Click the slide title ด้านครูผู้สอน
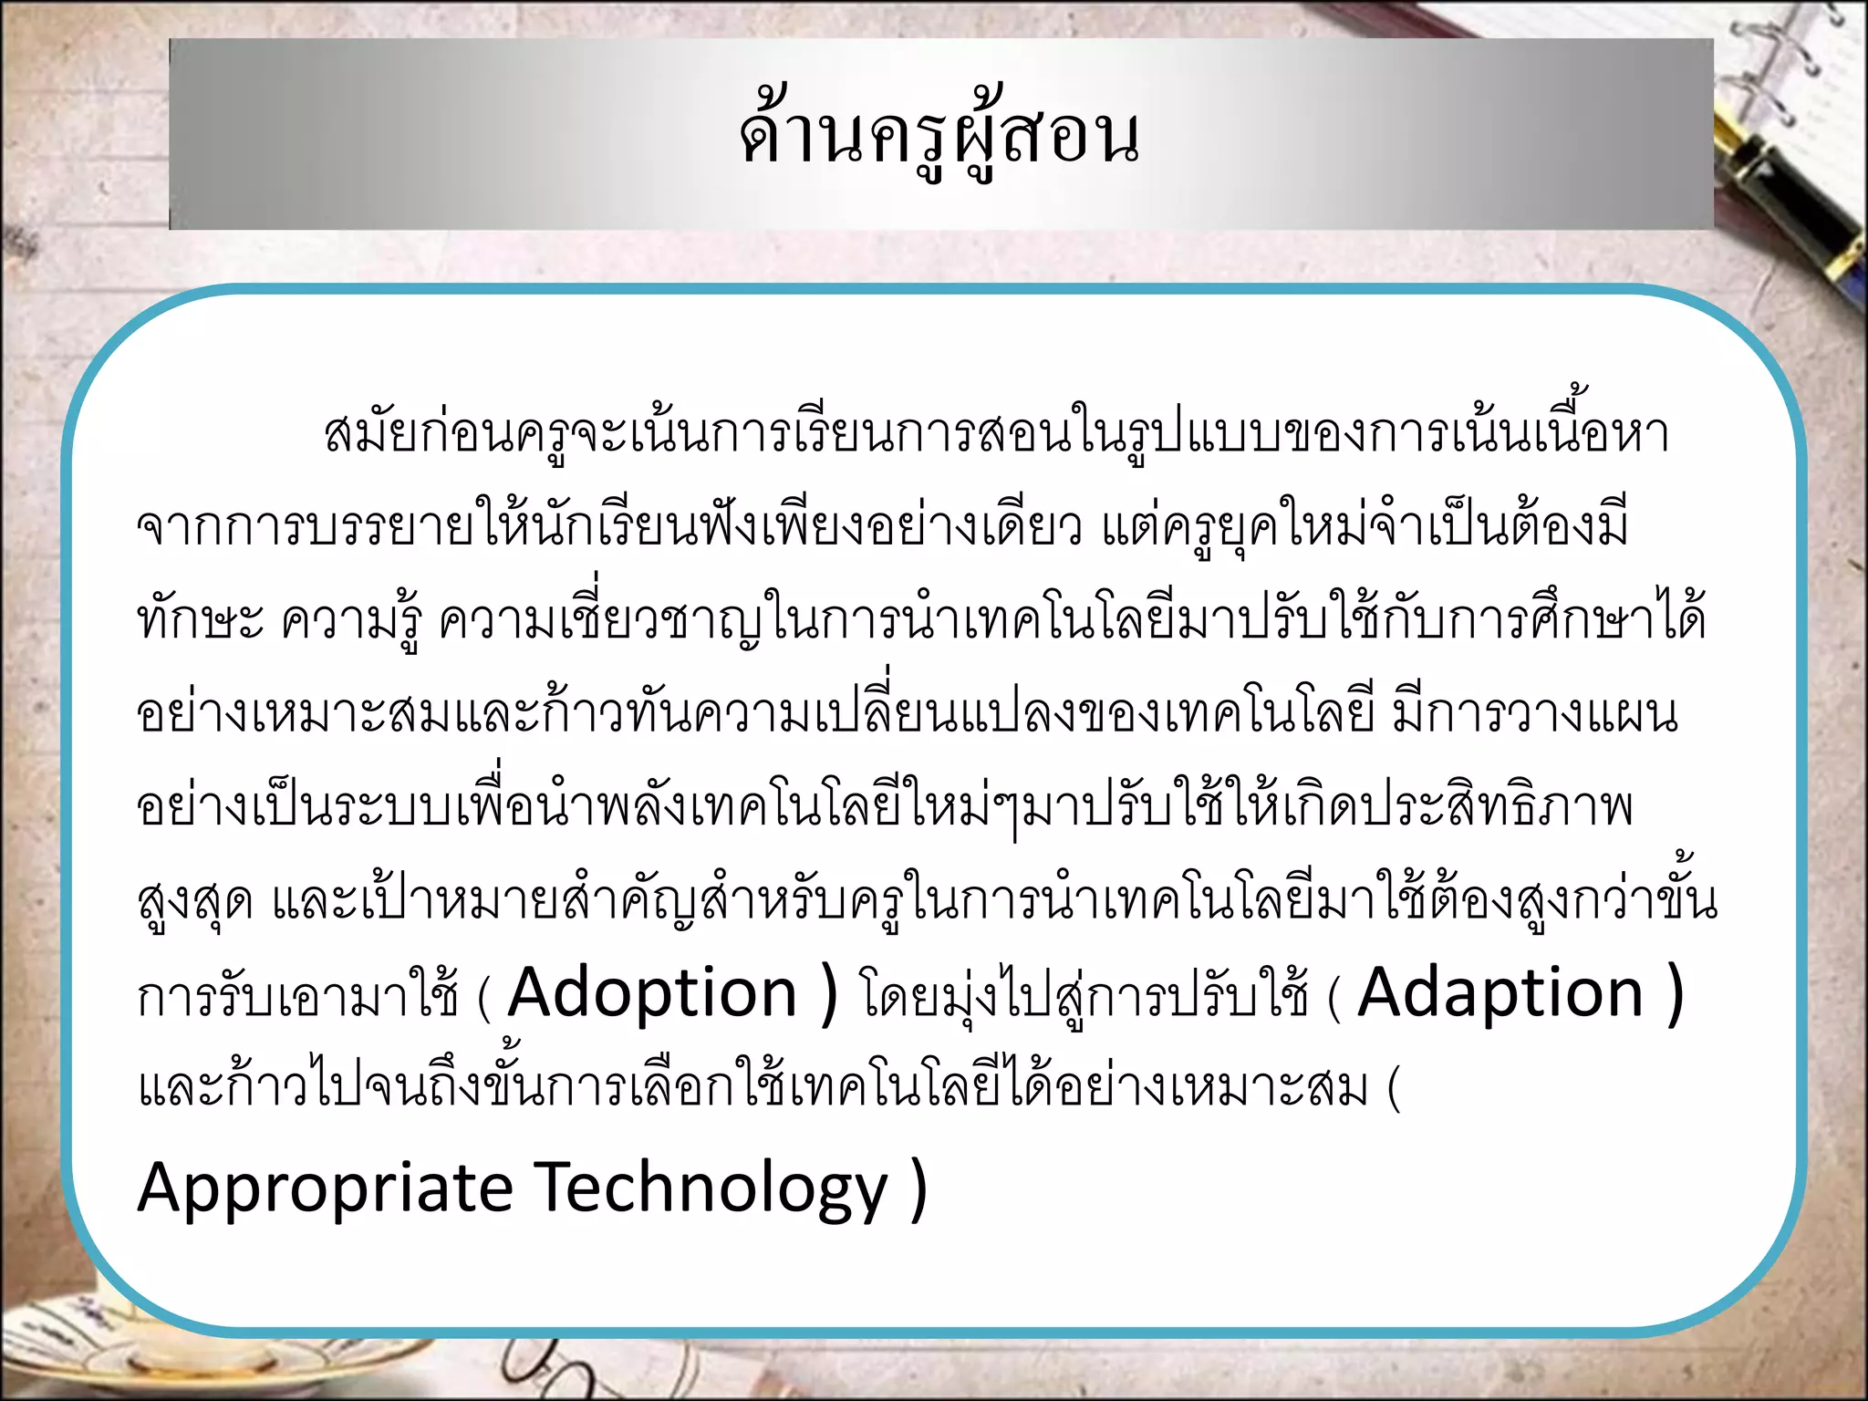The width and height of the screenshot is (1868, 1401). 939,137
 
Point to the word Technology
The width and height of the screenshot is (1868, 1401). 711,1188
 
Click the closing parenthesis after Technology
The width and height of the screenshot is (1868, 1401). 918,1188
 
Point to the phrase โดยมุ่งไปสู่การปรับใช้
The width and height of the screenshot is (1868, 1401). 1084,996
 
